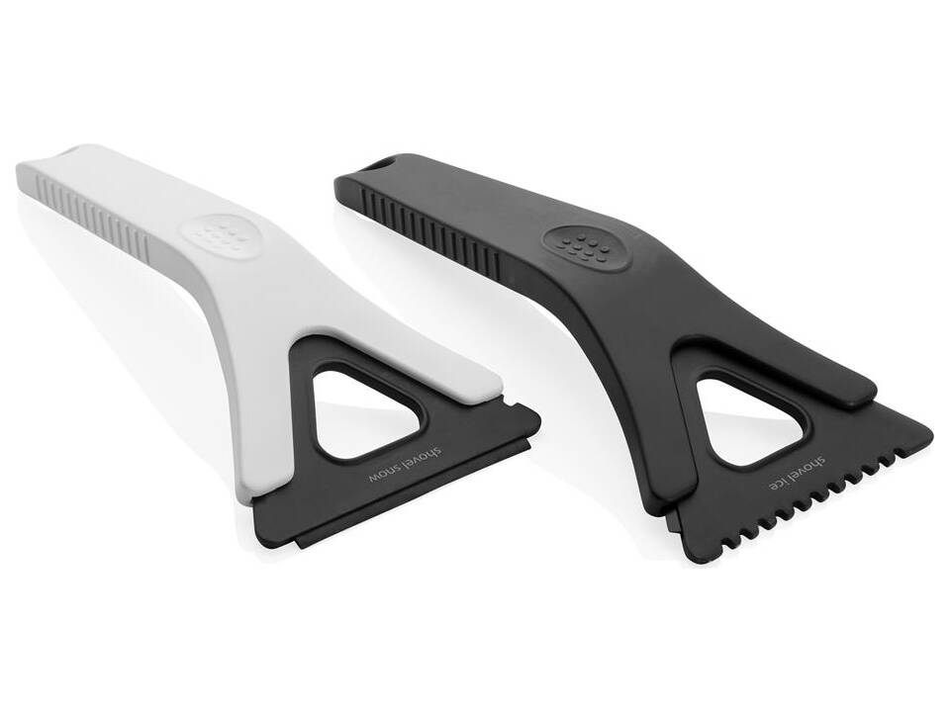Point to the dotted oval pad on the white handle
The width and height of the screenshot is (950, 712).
point(218,234)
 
